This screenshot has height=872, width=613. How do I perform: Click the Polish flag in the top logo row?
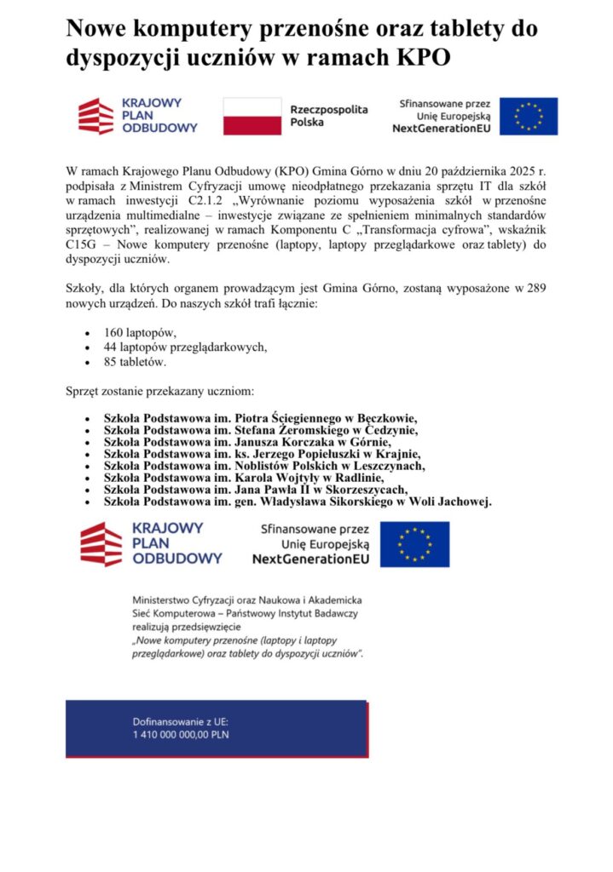[252, 116]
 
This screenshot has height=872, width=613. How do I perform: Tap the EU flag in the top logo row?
[529, 116]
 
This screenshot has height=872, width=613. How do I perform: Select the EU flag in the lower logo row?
[414, 544]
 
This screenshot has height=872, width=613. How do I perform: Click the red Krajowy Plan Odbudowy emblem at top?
[95, 116]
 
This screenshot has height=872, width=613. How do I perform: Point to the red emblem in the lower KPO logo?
[101, 544]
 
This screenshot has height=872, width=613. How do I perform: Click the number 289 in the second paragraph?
[536, 289]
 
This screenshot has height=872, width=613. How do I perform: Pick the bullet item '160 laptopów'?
[140, 333]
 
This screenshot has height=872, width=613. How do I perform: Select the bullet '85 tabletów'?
[135, 362]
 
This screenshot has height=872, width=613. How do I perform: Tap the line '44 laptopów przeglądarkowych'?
[185, 347]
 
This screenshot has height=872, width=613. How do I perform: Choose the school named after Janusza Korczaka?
[246, 442]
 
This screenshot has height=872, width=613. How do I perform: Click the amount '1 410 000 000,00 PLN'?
[181, 734]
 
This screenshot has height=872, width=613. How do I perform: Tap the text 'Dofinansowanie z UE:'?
[175, 720]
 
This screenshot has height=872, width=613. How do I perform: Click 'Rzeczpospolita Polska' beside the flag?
[329, 116]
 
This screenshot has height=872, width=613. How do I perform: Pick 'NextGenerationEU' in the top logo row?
[441, 129]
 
